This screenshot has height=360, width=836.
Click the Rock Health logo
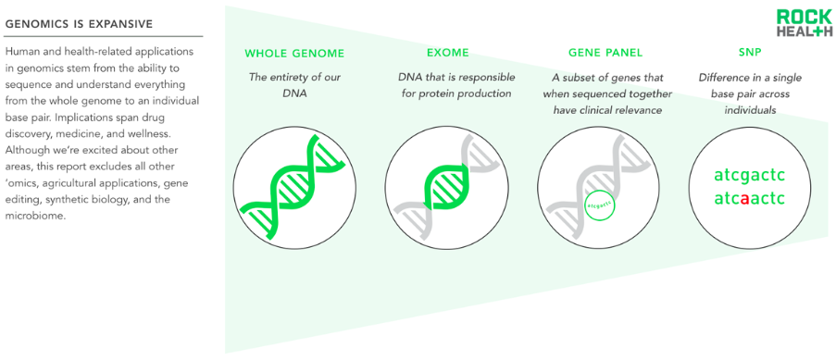point(804,23)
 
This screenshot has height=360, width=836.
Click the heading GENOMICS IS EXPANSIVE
point(79,24)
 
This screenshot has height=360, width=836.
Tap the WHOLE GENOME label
point(294,54)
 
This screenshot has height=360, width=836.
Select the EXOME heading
point(448,53)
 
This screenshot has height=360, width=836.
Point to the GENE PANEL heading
point(605,53)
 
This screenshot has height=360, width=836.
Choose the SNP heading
point(750,53)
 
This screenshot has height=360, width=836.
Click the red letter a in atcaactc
point(746,199)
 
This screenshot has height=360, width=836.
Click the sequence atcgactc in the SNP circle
point(750,175)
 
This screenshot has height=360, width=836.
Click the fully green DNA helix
point(293,186)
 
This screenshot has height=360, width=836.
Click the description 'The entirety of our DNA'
point(294,85)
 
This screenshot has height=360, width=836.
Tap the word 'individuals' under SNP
point(750,111)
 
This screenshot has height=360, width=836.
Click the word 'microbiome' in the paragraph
point(34,217)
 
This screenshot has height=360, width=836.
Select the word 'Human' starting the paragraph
point(19,52)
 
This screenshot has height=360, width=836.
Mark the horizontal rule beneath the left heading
point(104,37)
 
